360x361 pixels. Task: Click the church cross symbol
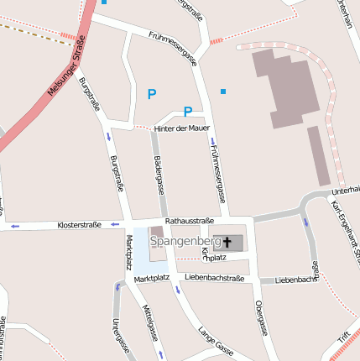click(227, 242)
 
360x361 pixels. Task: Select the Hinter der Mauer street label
click(181, 128)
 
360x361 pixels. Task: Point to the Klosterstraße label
click(79, 225)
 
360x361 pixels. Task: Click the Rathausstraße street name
click(190, 221)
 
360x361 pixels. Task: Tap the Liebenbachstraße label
click(214, 277)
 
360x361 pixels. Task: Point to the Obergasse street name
click(260, 318)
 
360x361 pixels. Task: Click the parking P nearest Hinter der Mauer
click(188, 112)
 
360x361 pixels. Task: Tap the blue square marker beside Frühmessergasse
click(223, 91)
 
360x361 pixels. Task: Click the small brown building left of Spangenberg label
click(156, 232)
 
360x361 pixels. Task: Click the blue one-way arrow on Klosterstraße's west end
click(14, 226)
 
